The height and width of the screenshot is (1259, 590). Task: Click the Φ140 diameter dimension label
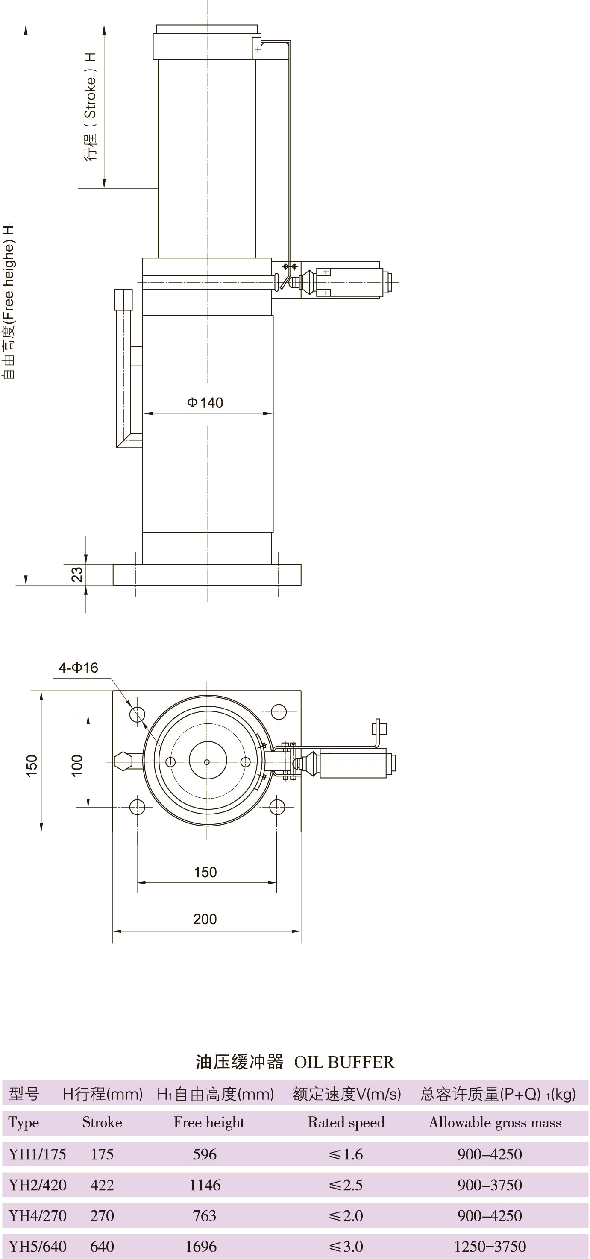click(205, 403)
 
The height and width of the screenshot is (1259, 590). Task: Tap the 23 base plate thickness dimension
click(77, 574)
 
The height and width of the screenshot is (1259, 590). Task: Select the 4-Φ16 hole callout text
click(78, 668)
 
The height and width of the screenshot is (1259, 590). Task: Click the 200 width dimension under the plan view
click(205, 919)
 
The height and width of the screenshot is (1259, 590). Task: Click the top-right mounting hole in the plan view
click(279, 711)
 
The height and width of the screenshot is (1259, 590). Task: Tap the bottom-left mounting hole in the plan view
click(138, 807)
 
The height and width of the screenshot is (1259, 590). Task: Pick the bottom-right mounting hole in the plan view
click(277, 807)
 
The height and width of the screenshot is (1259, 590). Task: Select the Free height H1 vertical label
click(9, 300)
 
